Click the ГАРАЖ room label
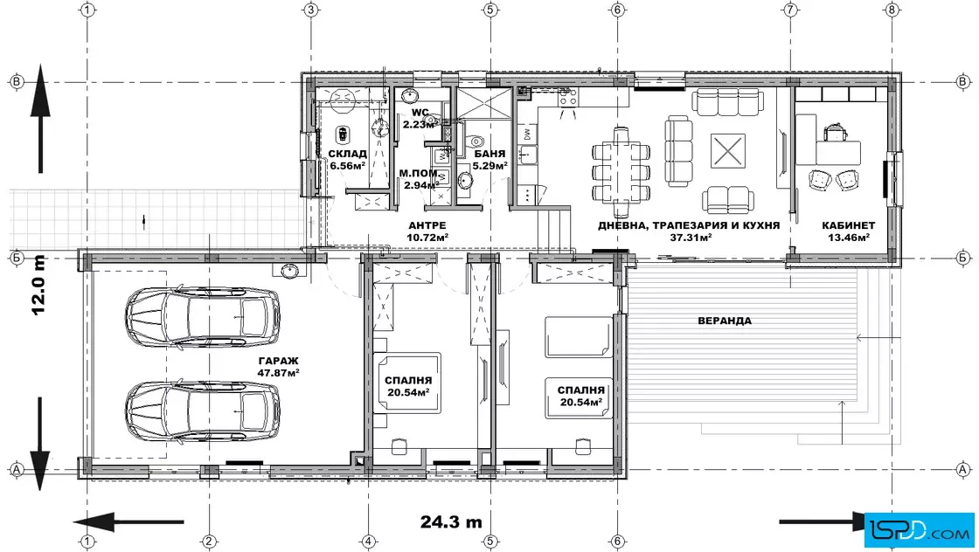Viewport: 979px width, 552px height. pos(278,361)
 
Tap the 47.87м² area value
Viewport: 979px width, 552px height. pos(278,373)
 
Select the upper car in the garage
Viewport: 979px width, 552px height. pos(202,315)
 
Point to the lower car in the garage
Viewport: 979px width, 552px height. pos(202,411)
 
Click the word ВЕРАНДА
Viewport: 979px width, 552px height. pos(725,321)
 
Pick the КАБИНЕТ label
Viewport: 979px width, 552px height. pos(848,226)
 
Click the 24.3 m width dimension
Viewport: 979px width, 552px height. pos(451,521)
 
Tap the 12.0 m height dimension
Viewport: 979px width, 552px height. pos(38,285)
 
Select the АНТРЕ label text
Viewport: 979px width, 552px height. pos(427,226)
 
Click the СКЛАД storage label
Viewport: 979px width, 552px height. pos(347,154)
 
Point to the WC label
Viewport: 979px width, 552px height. pos(420,113)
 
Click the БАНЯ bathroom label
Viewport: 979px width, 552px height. pos(489,154)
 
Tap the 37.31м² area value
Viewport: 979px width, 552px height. pos(691,238)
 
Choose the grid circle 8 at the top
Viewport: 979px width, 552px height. pos(892,10)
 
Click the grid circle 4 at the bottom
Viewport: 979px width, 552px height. pos(368,541)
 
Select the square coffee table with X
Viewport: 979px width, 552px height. pos(727,151)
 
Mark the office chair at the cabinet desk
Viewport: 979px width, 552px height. pos(835,132)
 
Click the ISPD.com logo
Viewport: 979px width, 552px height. pos(919,530)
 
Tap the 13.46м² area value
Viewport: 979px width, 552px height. pos(849,238)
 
